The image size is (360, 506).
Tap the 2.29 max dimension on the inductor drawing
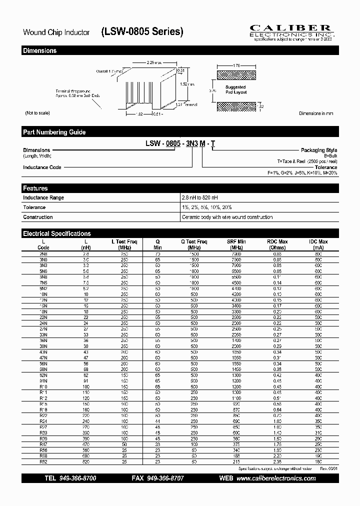[x=153, y=63]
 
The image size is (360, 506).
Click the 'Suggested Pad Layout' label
[x=235, y=89]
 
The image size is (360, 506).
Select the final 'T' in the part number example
[x=213, y=143]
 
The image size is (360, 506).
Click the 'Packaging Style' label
[x=318, y=150]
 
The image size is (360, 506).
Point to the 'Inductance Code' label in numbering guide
[x=42, y=167]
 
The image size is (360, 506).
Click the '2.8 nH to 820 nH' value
[x=200, y=197]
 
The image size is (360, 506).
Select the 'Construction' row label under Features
[x=37, y=217]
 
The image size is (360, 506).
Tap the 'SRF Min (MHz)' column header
[x=236, y=244]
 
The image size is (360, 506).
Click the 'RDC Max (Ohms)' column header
[x=277, y=244]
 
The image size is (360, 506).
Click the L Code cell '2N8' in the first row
[x=43, y=254]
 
